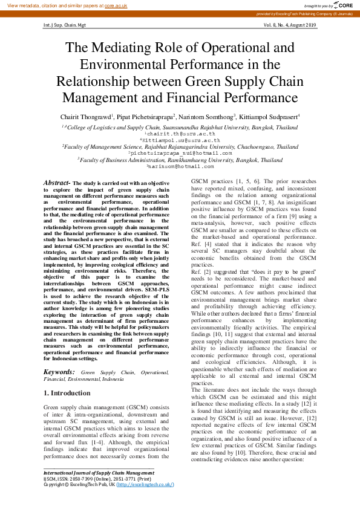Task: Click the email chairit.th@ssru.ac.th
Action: click(x=180, y=134)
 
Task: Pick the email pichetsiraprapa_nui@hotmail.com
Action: click(x=180, y=153)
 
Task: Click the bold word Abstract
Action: click(x=56, y=182)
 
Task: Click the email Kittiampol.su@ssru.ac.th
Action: click(x=180, y=140)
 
